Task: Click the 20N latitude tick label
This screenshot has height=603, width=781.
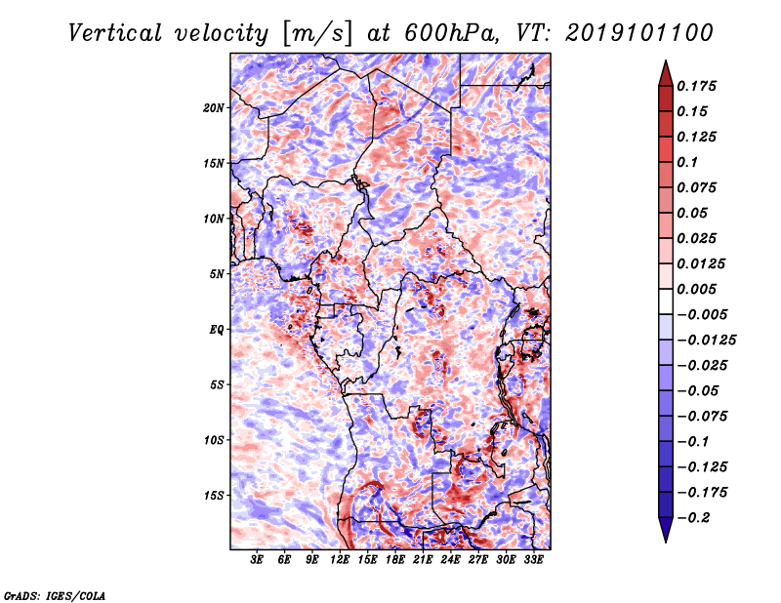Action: [x=213, y=108]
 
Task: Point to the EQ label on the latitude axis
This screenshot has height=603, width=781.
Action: [x=216, y=330]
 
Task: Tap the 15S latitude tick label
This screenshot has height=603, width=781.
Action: [x=213, y=496]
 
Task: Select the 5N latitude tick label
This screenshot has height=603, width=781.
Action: [x=216, y=274]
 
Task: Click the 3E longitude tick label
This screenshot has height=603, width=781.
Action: [x=257, y=560]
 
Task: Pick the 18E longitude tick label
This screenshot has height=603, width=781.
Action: [x=395, y=560]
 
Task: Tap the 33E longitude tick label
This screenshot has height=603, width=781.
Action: [x=533, y=560]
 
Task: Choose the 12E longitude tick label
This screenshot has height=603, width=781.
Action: [x=340, y=560]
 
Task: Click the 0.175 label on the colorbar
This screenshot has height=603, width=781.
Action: [x=696, y=86]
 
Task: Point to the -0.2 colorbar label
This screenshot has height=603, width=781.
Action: [x=693, y=518]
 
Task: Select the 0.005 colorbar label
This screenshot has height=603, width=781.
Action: [x=696, y=289]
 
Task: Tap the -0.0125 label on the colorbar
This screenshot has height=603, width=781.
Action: [x=706, y=341]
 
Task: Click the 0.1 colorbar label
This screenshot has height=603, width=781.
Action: [x=687, y=162]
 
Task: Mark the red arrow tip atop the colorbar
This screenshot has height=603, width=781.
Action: [x=666, y=60]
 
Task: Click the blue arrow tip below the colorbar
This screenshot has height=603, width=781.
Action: [x=666, y=542]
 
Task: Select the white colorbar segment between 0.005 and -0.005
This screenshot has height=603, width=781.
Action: [x=666, y=301]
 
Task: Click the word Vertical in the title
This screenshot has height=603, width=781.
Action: [x=115, y=33]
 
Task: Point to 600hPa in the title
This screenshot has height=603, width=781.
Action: [x=451, y=33]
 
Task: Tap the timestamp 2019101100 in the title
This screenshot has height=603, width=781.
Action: [x=639, y=33]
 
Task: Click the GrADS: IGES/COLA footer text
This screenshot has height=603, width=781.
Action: [x=55, y=595]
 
